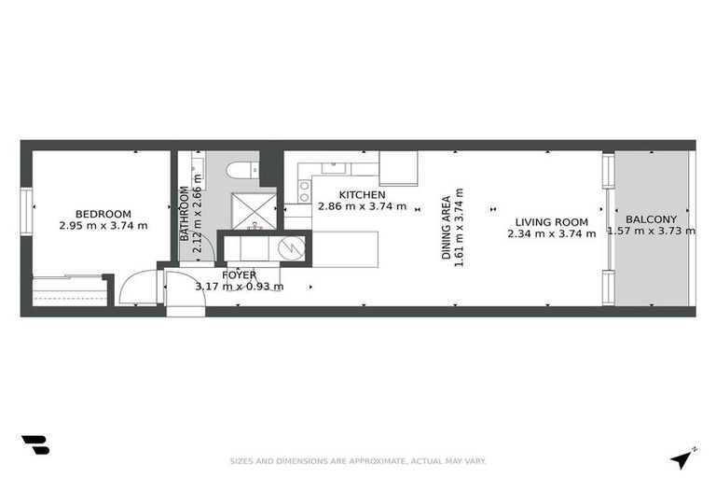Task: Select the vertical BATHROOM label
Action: (x=184, y=214)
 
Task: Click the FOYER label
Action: (x=239, y=274)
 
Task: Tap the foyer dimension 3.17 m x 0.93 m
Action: (x=239, y=287)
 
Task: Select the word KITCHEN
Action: (x=362, y=194)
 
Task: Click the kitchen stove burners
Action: (x=304, y=192)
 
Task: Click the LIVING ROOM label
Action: (x=552, y=222)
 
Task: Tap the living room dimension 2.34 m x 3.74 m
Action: (x=552, y=234)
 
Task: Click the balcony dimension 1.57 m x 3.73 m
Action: (x=651, y=232)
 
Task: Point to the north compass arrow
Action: (x=683, y=457)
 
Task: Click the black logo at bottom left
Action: (x=34, y=445)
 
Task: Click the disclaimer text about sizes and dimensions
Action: (x=358, y=460)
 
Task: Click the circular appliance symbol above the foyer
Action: (x=292, y=247)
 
